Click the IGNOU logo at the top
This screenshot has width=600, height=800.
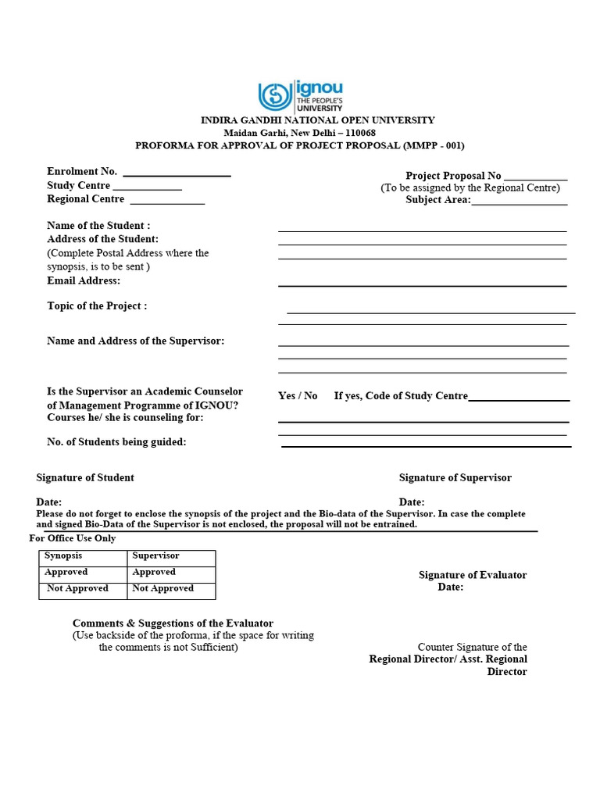coord(301,95)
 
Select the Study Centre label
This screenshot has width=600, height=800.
coord(78,186)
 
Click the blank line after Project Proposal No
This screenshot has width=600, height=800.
coord(535,177)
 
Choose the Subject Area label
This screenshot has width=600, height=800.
coord(437,200)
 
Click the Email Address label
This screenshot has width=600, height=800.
coord(84,280)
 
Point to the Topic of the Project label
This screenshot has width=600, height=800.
coord(97,306)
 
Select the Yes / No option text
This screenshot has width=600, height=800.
coord(298,396)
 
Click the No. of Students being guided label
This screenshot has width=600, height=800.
coord(116,442)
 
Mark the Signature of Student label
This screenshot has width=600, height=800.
coord(85,477)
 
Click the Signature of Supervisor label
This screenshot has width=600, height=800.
coord(455,477)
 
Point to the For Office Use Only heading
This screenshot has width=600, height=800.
coord(73,538)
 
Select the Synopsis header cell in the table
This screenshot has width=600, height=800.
coord(63,556)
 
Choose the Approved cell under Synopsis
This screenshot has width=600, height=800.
coord(66,573)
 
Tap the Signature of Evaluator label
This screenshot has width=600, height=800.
coord(473,575)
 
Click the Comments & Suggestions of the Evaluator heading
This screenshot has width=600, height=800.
coord(173,623)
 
